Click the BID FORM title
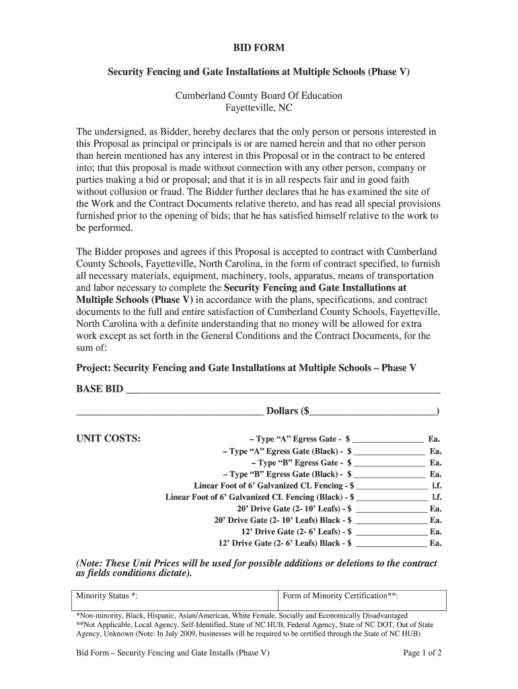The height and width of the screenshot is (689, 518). [x=259, y=48]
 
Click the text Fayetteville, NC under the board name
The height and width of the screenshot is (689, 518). [x=259, y=108]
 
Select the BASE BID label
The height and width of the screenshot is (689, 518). [x=100, y=390]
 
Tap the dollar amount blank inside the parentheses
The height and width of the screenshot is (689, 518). [x=373, y=412]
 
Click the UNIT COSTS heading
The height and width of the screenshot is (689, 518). [x=108, y=439]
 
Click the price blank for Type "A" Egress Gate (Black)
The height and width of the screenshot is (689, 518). [x=390, y=452]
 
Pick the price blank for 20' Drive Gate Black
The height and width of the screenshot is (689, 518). [x=391, y=521]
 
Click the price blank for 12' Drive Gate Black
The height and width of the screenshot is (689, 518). [x=391, y=544]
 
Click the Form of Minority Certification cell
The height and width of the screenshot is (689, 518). [x=362, y=597]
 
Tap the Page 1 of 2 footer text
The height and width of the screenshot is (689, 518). [x=422, y=653]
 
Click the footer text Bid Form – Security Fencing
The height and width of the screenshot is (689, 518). [x=173, y=653]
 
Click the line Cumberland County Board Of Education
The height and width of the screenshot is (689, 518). [x=259, y=96]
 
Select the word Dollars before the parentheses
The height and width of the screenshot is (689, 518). [x=283, y=411]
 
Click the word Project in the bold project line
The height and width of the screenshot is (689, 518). [x=94, y=368]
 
